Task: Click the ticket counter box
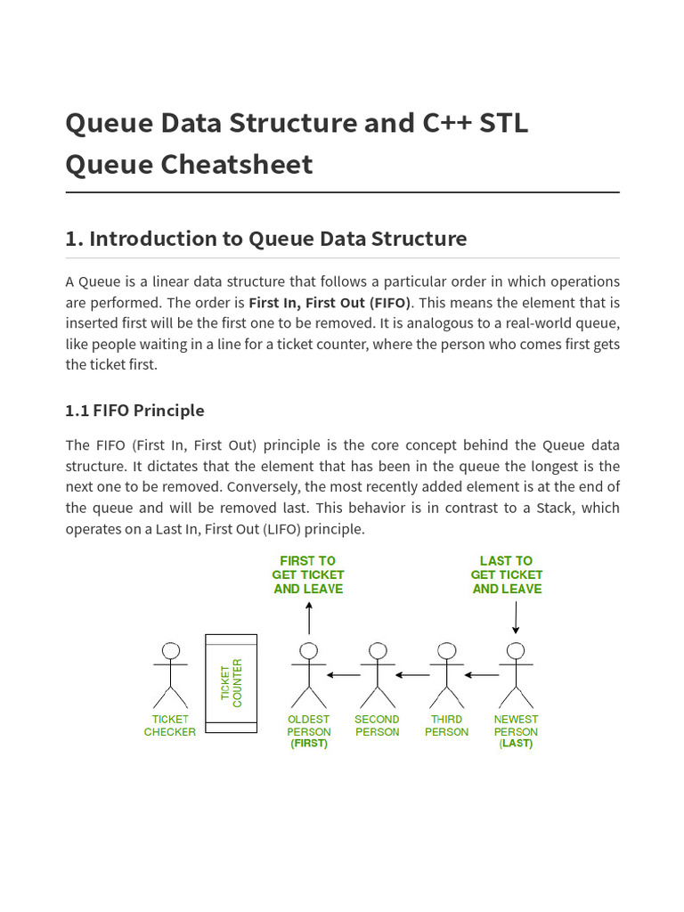point(231,683)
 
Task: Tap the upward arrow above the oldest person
point(309,617)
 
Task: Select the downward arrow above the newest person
point(516,617)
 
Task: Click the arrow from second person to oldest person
point(343,675)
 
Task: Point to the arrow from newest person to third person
point(481,675)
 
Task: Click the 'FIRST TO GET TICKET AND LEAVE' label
point(308,574)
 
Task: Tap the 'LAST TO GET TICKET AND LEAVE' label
point(507,574)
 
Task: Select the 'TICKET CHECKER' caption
point(170,726)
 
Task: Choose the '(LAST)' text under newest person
point(516,744)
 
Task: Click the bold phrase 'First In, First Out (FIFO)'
point(330,303)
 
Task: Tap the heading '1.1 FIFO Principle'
point(134,411)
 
